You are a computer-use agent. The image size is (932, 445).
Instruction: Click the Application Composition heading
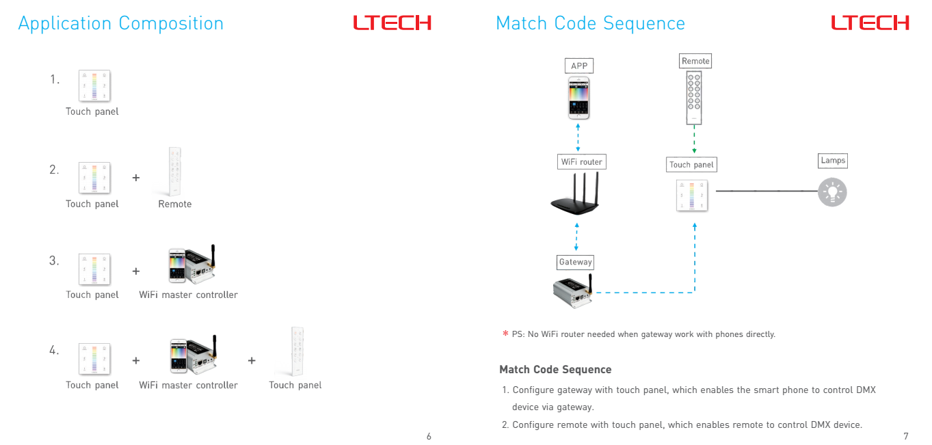(x=120, y=24)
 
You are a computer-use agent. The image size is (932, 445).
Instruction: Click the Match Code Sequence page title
(x=590, y=24)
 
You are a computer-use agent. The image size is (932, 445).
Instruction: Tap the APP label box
(x=578, y=66)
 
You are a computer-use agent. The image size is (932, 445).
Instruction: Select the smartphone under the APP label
(x=578, y=98)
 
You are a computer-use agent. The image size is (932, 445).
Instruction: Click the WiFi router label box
(x=581, y=162)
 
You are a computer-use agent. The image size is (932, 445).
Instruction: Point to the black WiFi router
(x=576, y=193)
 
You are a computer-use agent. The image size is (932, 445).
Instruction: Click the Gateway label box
(x=575, y=262)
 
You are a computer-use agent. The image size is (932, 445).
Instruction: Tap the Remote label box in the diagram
(x=695, y=61)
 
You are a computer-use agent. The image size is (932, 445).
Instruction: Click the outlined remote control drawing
(x=693, y=98)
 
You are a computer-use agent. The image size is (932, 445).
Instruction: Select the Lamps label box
(x=833, y=161)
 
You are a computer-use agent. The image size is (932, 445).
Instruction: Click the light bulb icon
(x=832, y=192)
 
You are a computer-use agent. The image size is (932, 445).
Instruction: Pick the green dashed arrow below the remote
(x=694, y=139)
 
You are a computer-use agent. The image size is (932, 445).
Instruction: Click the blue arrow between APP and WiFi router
(x=578, y=137)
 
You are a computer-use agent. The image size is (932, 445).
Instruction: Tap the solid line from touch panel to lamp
(x=767, y=191)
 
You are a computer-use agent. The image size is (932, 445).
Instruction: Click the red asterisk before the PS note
(x=505, y=333)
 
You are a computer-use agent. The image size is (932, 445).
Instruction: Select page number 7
(x=906, y=436)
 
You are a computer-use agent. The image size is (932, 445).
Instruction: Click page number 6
(x=429, y=436)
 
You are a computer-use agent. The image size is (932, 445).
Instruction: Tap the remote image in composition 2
(x=174, y=172)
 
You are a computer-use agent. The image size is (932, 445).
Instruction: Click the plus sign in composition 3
(x=136, y=271)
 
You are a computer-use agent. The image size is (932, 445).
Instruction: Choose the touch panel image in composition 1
(x=94, y=85)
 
